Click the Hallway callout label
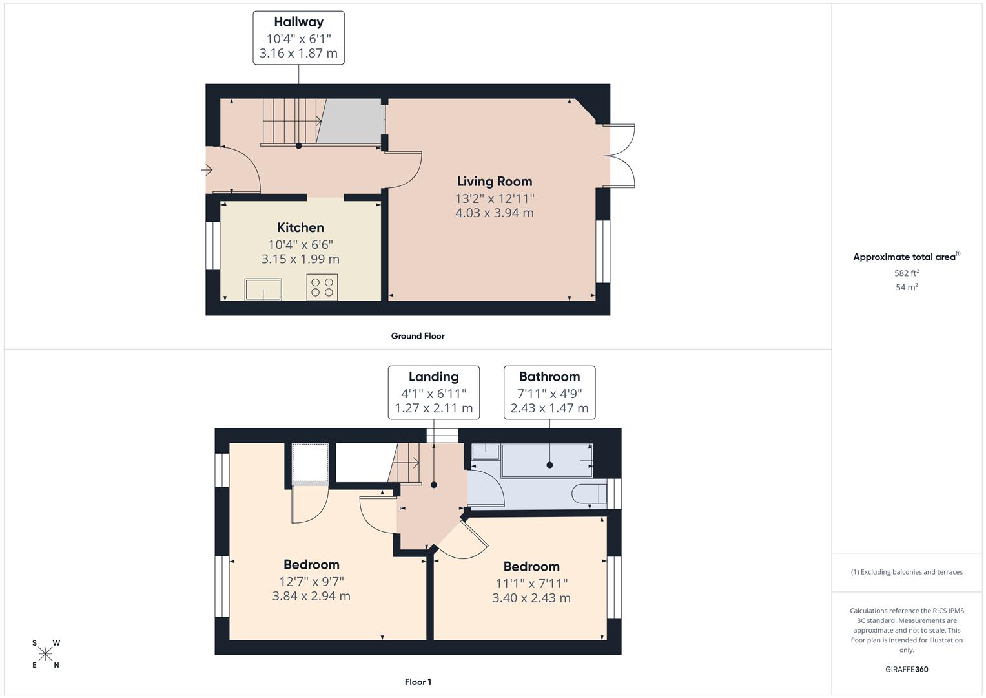[x=298, y=37]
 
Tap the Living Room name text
[x=495, y=182]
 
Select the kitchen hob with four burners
[x=322, y=288]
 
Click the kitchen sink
[x=263, y=289]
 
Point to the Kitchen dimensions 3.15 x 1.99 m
[x=300, y=259]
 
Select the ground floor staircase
[x=291, y=121]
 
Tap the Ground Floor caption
[x=418, y=336]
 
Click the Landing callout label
[x=433, y=392]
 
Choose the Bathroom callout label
[x=549, y=392]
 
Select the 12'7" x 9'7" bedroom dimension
[x=311, y=581]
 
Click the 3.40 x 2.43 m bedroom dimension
[x=531, y=598]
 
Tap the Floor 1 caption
[x=418, y=682]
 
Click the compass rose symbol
[x=46, y=654]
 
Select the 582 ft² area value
[x=907, y=273]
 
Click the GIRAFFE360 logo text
[x=907, y=669]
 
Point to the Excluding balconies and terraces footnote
[x=907, y=572]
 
